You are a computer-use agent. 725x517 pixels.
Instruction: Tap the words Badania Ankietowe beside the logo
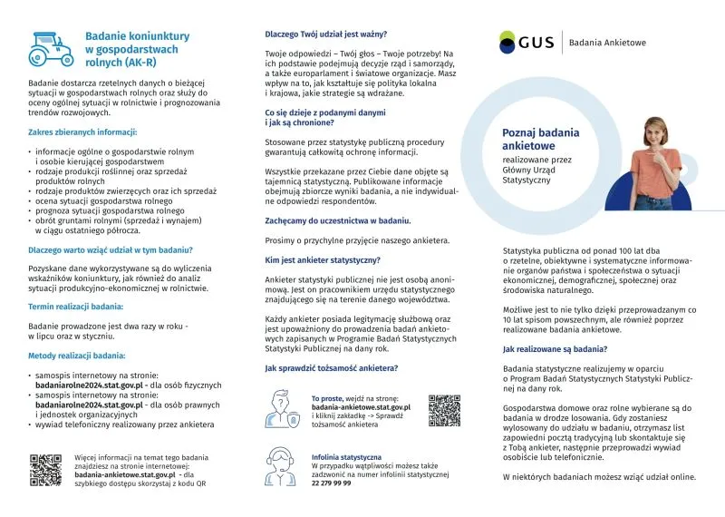(607, 42)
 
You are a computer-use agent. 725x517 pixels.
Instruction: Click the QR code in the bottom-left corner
(45, 469)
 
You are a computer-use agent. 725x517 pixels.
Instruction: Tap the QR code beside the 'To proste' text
(444, 409)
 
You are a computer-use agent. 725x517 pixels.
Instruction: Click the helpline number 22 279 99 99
(331, 483)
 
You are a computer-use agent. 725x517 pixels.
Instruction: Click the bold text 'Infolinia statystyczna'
(346, 456)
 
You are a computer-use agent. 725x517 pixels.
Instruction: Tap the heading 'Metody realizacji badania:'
(76, 356)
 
